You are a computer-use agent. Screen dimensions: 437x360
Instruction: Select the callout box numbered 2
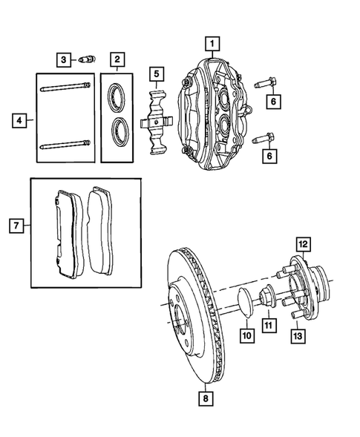(x=117, y=59)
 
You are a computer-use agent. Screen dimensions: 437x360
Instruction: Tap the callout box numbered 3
(x=65, y=59)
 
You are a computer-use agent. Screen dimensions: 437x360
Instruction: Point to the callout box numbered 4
(x=20, y=118)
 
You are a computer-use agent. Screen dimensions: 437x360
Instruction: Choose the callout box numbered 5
(x=157, y=73)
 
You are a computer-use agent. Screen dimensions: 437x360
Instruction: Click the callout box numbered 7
(x=13, y=223)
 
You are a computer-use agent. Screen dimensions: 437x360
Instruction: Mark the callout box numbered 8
(x=204, y=398)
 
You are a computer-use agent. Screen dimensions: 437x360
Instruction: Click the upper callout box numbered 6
(x=272, y=101)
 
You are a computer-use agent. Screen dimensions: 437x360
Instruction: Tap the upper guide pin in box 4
(x=62, y=91)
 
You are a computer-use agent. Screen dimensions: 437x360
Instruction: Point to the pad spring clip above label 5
(x=157, y=121)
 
